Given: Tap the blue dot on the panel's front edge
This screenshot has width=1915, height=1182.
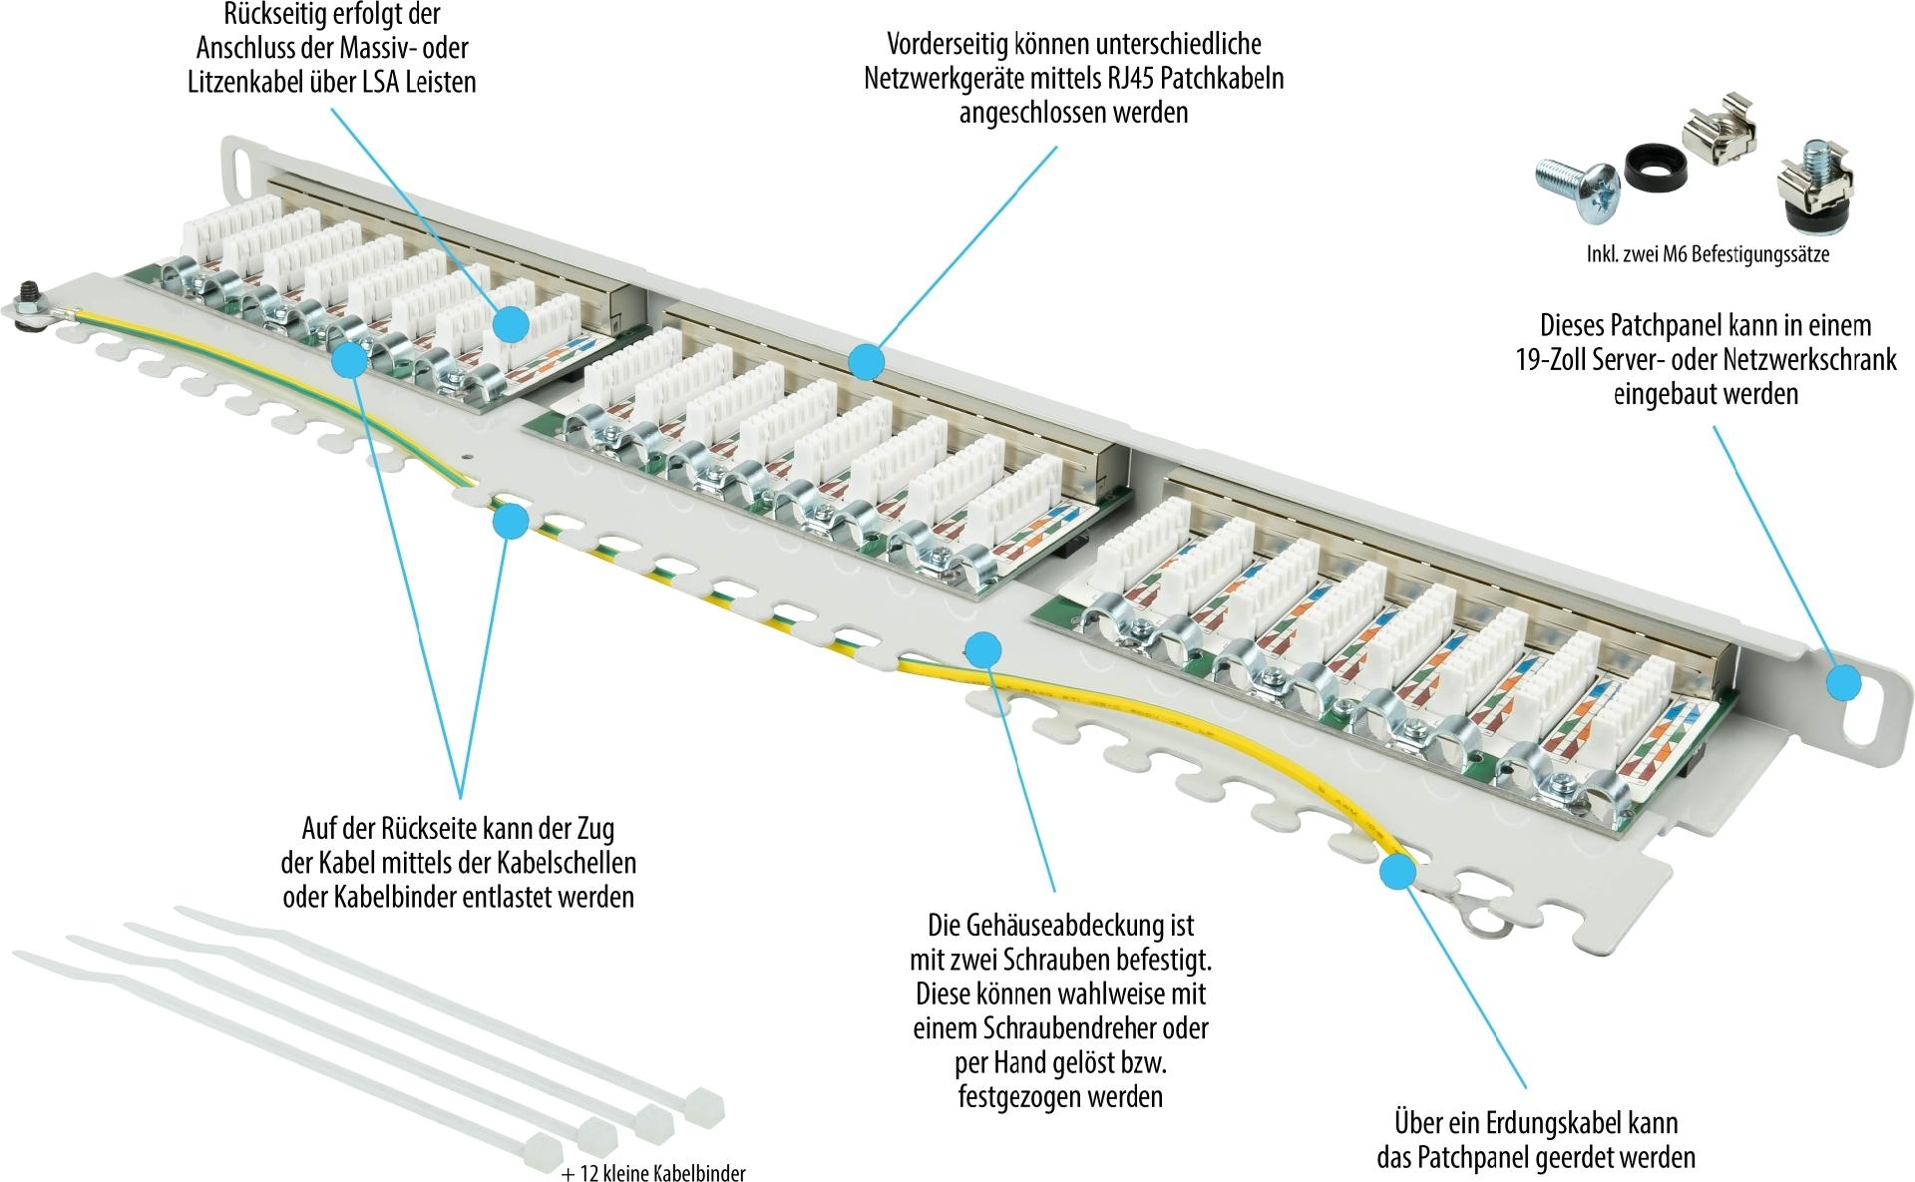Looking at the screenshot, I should pos(866,361).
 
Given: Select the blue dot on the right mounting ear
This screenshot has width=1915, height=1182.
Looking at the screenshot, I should pos(1843,684).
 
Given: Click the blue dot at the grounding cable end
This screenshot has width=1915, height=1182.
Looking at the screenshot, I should pos(1397,872).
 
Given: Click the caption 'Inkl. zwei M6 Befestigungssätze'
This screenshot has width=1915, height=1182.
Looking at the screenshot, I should pos(1708,254).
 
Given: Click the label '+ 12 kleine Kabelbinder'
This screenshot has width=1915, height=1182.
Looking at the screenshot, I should pos(653,1173).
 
